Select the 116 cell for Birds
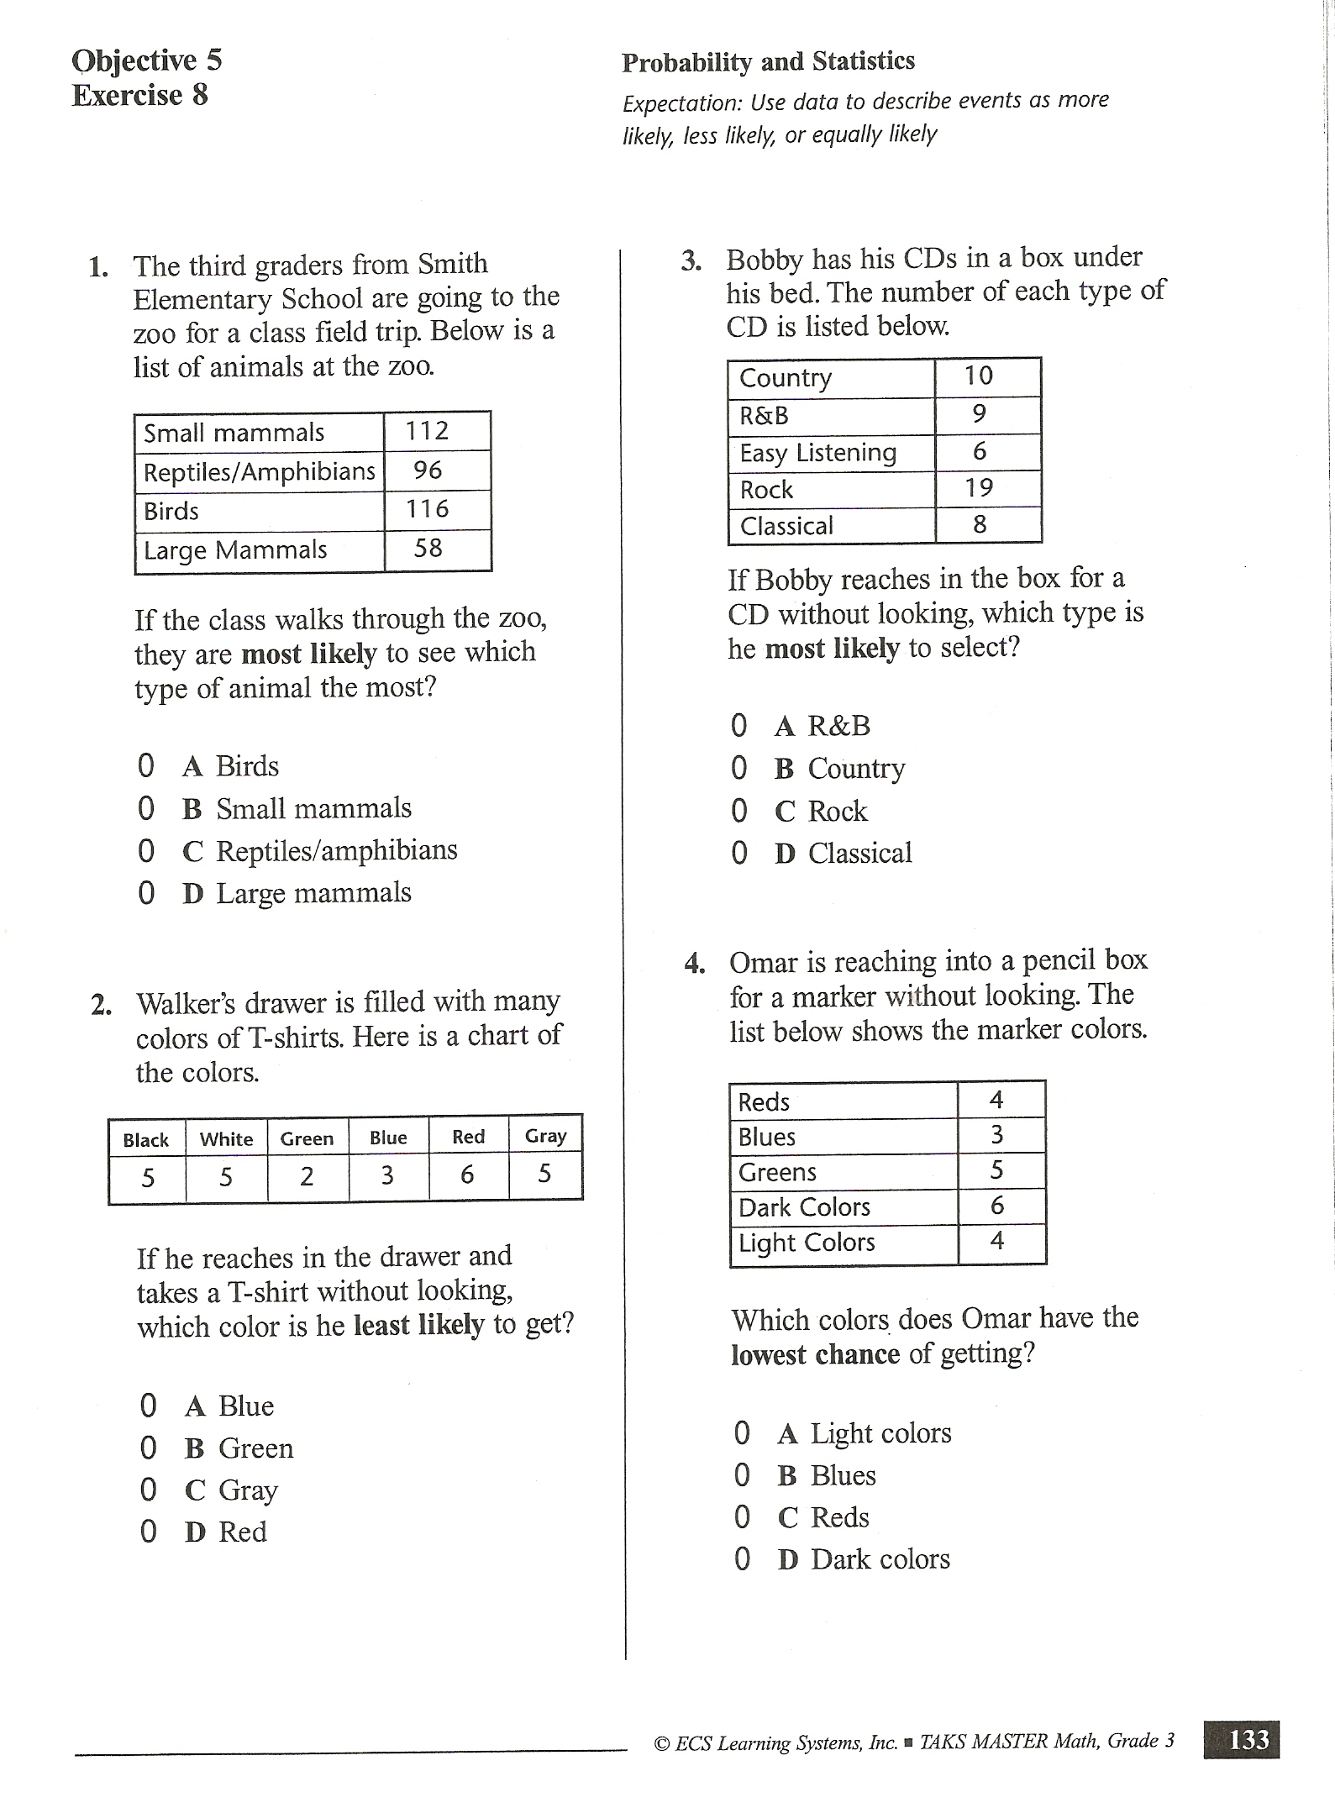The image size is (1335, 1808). tap(428, 509)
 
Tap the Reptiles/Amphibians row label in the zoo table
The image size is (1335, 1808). tap(259, 472)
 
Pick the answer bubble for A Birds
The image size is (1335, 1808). tap(146, 766)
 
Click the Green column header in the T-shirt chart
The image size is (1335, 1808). tap(307, 1139)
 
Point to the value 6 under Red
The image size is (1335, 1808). tap(467, 1175)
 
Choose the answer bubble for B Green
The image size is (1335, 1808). tap(149, 1448)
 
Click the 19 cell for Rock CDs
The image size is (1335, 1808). tap(979, 488)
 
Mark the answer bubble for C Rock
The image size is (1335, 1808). tap(739, 812)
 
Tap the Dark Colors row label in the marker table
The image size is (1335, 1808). tap(804, 1207)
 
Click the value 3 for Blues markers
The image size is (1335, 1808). tap(996, 1136)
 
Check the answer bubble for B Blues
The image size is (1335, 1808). tap(742, 1475)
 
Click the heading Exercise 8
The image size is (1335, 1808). tap(139, 96)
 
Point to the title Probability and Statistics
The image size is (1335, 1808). tap(768, 61)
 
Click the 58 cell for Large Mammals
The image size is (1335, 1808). tap(428, 549)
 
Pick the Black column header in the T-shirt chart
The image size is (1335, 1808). tap(145, 1140)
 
